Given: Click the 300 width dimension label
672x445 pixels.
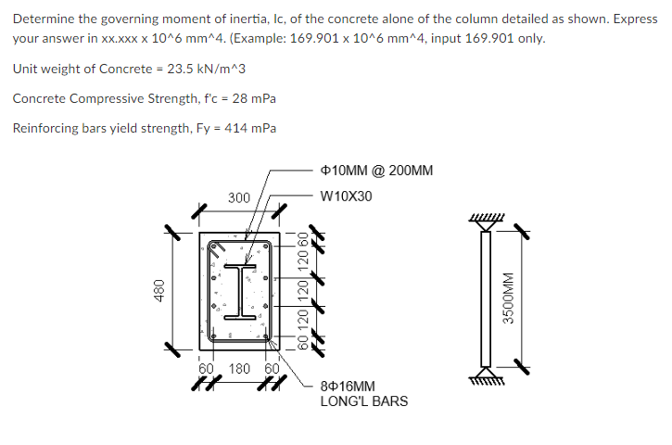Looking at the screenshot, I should [x=239, y=197].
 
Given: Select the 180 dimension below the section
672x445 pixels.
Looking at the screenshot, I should [x=239, y=368].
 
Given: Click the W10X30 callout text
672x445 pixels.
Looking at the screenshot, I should [x=346, y=197].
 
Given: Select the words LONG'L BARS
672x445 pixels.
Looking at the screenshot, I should [x=363, y=401].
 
